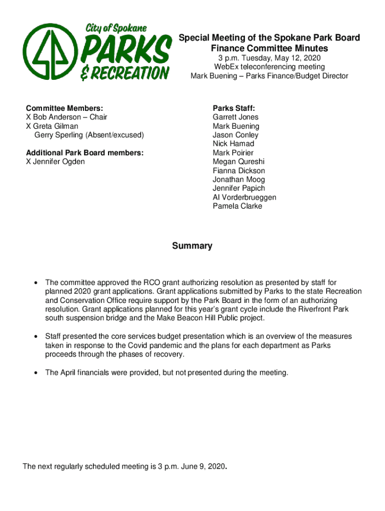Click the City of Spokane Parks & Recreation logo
point(96,52)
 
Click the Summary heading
point(192,246)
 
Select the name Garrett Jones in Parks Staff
point(235,117)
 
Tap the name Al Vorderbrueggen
point(244,197)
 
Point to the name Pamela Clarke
point(237,206)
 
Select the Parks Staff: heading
point(233,108)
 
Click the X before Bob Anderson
point(28,117)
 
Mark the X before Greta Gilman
point(28,126)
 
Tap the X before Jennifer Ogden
point(28,162)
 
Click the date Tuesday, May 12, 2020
point(281,58)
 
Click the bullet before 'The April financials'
point(35,373)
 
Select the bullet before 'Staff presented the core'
point(35,337)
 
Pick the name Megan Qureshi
point(238,162)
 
